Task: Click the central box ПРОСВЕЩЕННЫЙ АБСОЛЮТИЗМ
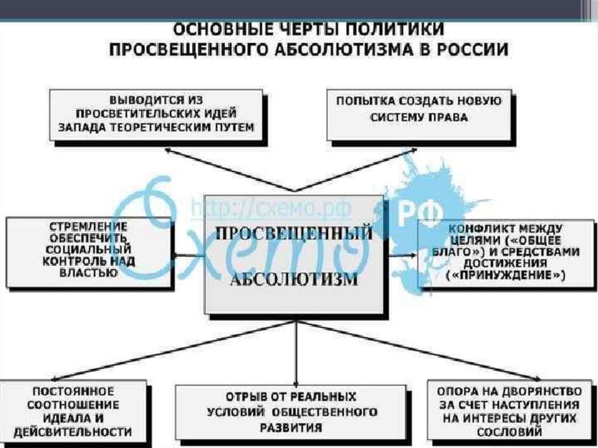click(x=293, y=255)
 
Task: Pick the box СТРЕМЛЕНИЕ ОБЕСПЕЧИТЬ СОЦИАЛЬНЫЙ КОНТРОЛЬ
click(x=89, y=251)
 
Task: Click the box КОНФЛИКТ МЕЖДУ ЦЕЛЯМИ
click(x=506, y=252)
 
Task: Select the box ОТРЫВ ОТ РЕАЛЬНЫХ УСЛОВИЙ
click(x=292, y=412)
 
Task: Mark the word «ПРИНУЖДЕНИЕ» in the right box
click(x=506, y=275)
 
